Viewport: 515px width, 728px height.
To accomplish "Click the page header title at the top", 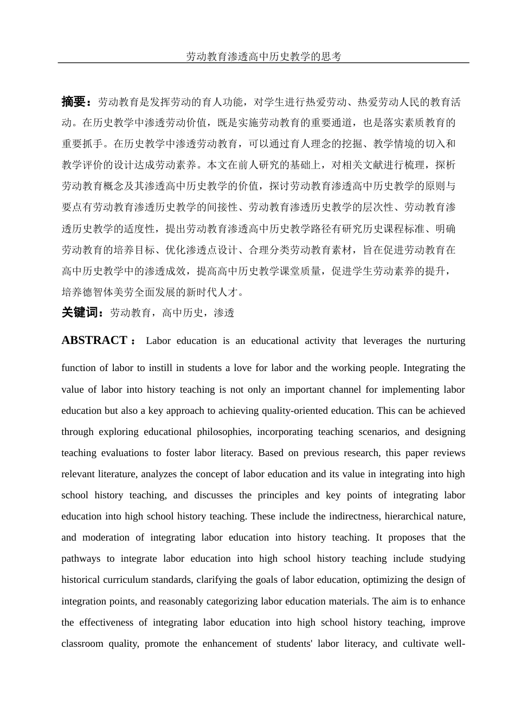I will (x=263, y=57).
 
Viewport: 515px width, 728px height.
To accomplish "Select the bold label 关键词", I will (x=82, y=313).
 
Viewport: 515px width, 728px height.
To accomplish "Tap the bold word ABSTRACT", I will (x=94, y=340).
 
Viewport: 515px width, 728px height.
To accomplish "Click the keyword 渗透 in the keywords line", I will (x=224, y=313).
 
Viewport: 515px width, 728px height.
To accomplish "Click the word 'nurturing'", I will (x=446, y=341).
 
